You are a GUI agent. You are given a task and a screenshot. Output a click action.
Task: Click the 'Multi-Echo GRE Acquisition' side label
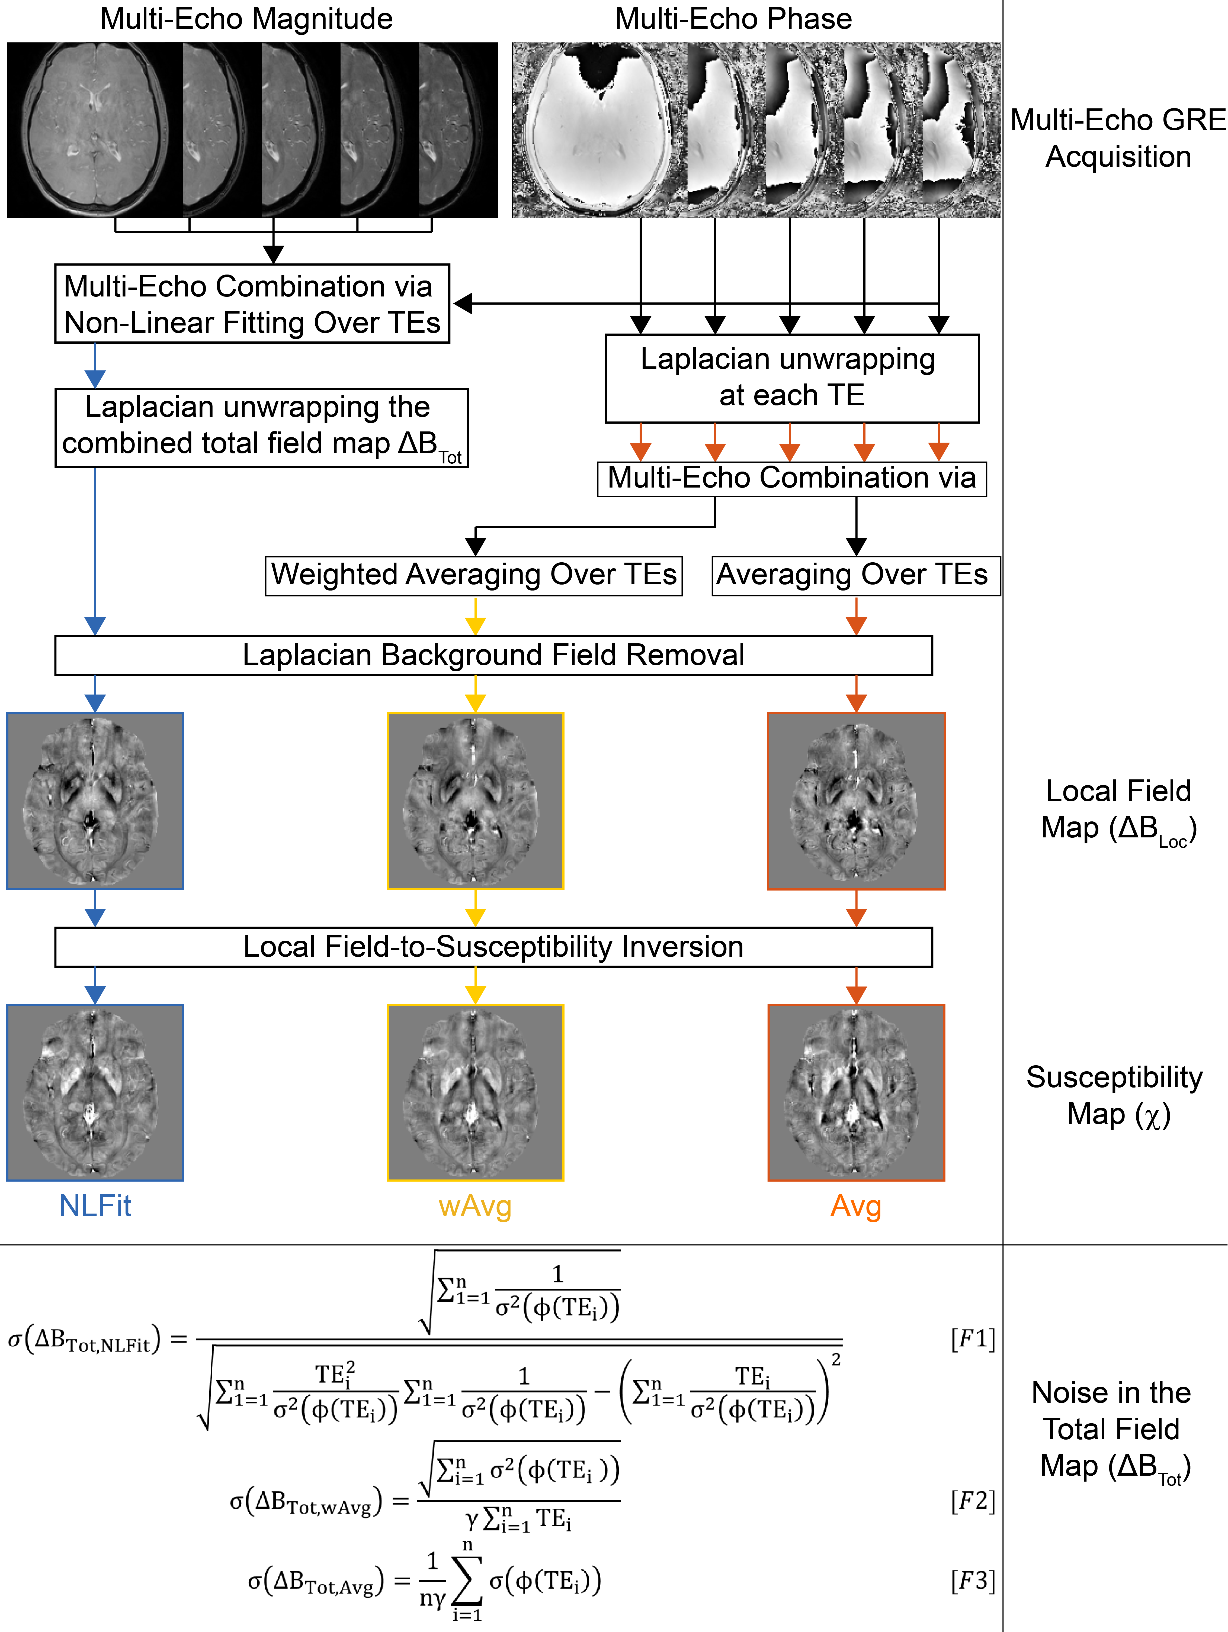(1117, 138)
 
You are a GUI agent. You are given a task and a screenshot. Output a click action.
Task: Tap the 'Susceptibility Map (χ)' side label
(1114, 1096)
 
